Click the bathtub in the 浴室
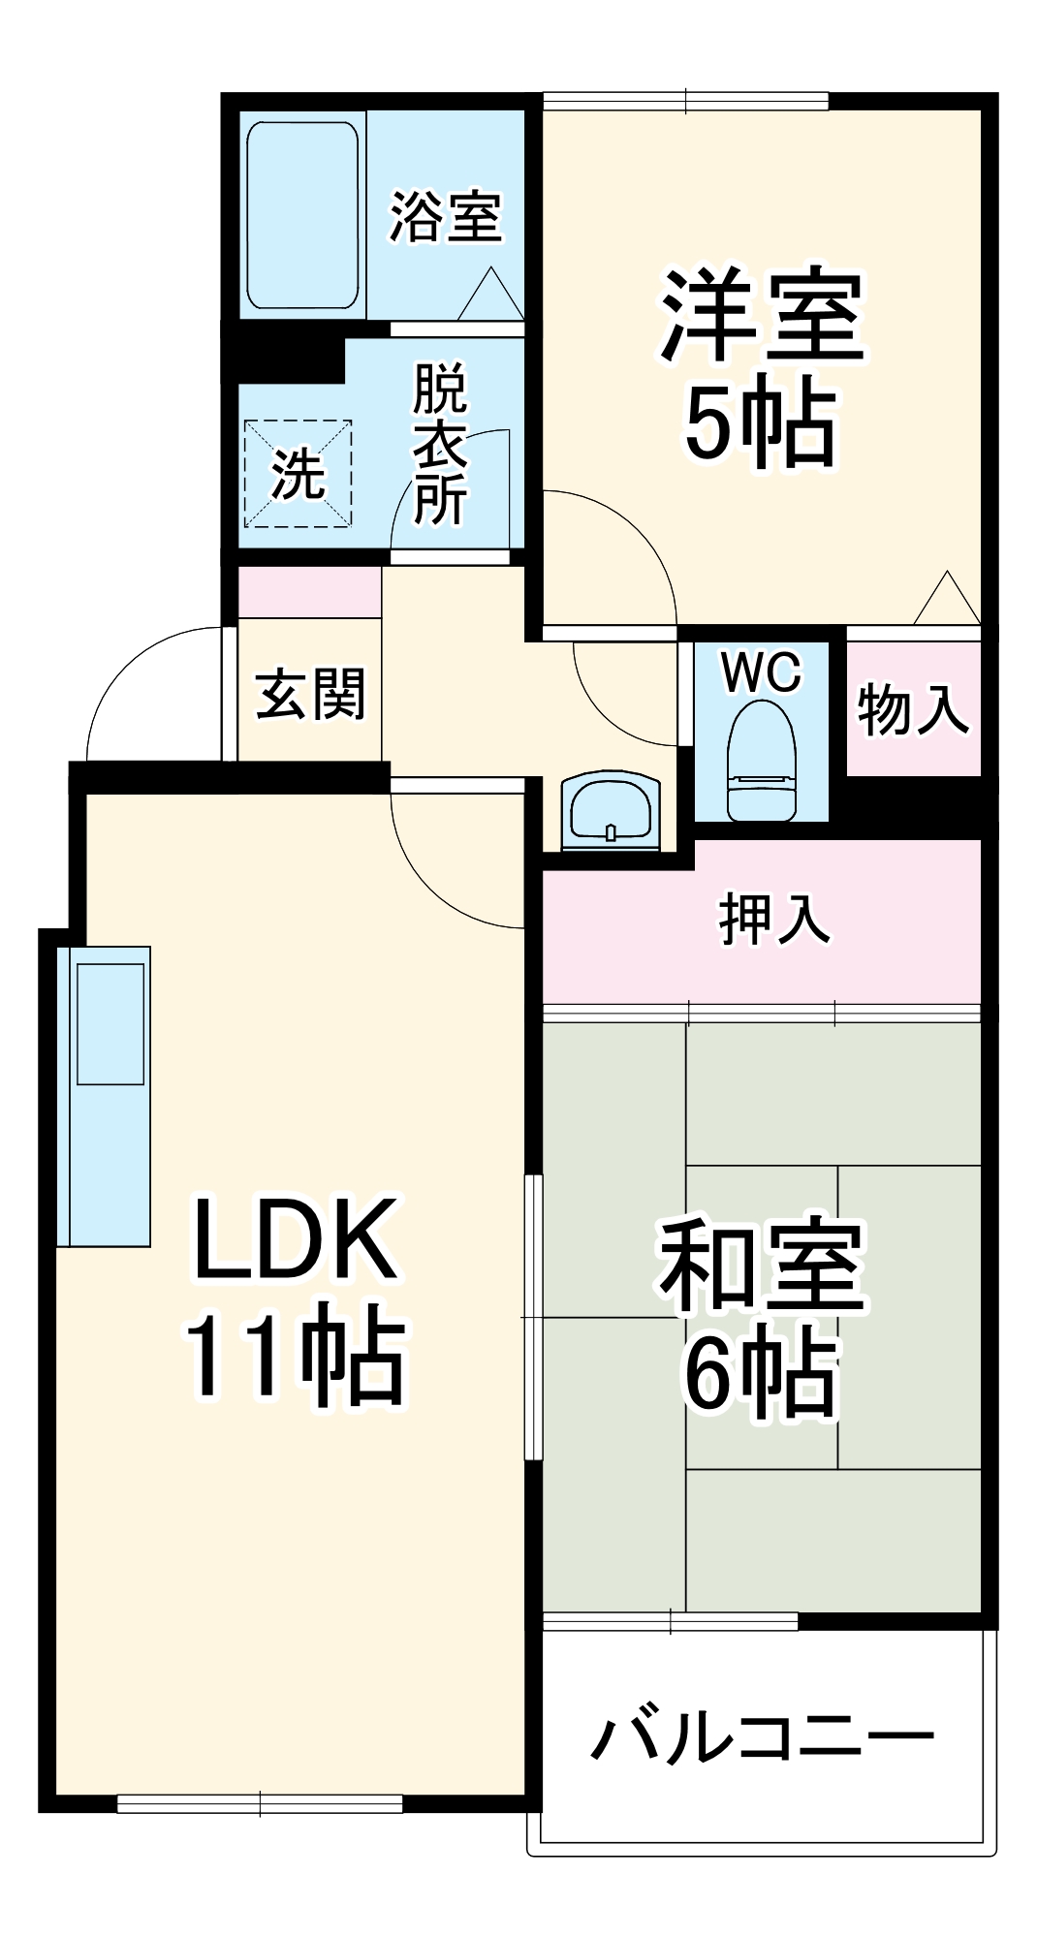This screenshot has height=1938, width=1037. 302,215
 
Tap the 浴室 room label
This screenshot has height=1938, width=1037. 446,216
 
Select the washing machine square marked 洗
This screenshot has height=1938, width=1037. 298,474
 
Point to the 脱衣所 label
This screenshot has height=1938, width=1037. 441,444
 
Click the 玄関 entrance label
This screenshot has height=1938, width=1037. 311,694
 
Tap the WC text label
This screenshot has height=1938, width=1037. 762,672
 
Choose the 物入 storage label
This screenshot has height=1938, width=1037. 913,708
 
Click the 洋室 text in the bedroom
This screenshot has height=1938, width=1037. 762,315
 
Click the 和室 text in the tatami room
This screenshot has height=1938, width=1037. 762,1265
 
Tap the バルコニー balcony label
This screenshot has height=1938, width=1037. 763,1737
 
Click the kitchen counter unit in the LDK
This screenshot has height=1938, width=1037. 105,1095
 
